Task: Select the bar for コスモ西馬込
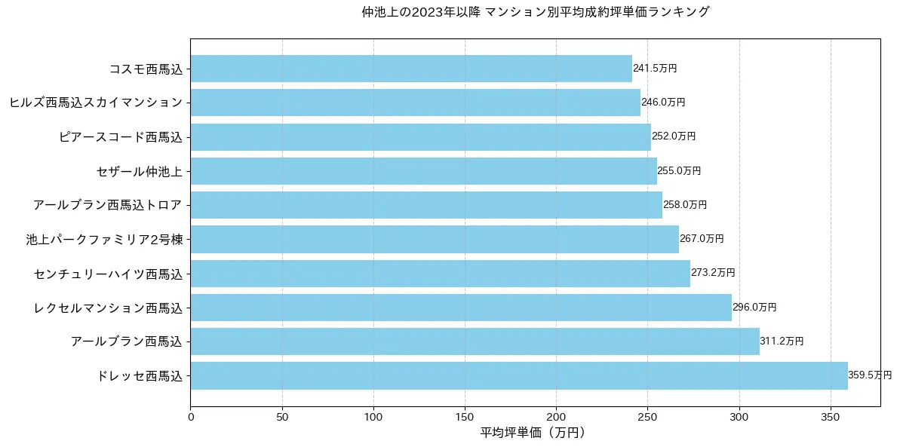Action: point(411,69)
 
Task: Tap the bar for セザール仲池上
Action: point(423,171)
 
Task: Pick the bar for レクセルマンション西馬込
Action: point(461,308)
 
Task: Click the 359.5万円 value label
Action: point(870,375)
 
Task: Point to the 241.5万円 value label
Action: point(655,69)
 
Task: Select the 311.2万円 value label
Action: point(782,341)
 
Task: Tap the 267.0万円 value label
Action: point(702,239)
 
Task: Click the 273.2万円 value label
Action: point(713,273)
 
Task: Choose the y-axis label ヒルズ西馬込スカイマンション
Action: point(96,103)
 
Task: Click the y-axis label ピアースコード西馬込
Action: point(121,137)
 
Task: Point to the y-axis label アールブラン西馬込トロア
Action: point(108,205)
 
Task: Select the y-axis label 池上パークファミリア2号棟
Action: point(104,239)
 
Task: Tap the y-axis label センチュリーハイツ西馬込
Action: point(109,273)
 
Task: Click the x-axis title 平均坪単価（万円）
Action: point(533,433)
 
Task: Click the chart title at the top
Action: point(536,12)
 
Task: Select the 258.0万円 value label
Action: point(685,205)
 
